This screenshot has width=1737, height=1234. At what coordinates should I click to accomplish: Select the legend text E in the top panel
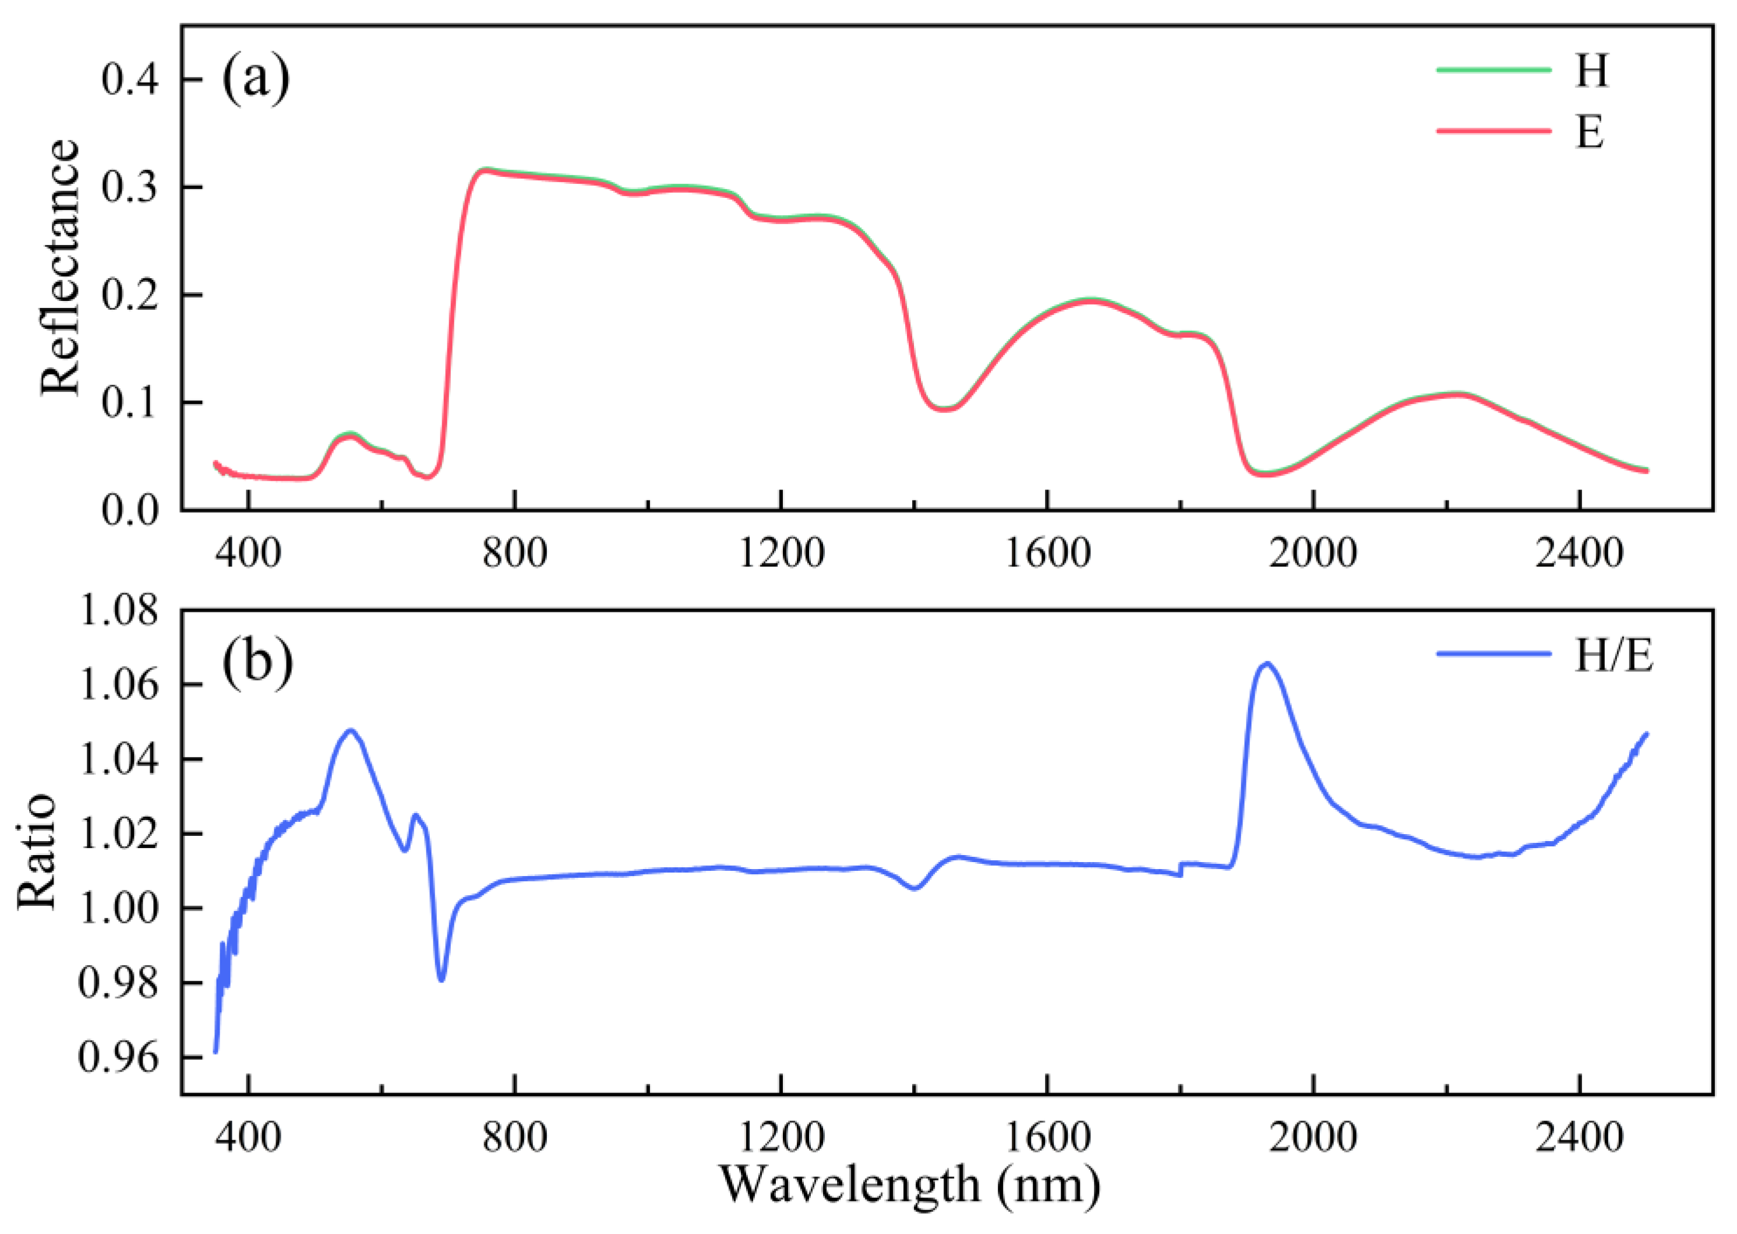click(1590, 132)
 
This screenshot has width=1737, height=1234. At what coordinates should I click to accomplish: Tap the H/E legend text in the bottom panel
click(1613, 655)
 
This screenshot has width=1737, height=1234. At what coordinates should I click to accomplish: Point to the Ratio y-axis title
click(37, 851)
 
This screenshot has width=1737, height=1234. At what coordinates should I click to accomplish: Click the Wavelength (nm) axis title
click(910, 1185)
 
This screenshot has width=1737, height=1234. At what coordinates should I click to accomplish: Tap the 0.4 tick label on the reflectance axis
click(130, 80)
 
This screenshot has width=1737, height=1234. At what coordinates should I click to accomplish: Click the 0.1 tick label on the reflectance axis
click(130, 403)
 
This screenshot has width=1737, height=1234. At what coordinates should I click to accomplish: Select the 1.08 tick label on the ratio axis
click(119, 611)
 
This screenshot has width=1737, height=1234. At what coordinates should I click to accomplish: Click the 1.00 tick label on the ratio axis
click(119, 909)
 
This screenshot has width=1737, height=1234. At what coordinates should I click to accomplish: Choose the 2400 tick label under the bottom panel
click(1580, 1137)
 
